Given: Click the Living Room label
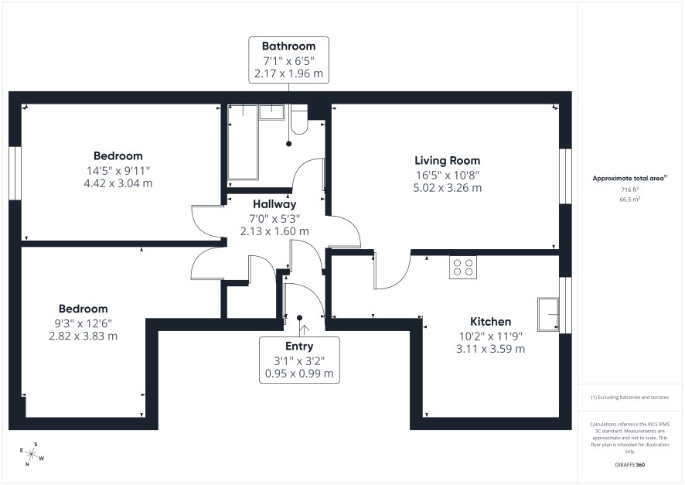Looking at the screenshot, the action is (x=448, y=160).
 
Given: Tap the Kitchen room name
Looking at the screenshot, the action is (x=490, y=322).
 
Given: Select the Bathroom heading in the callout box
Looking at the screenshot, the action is (x=288, y=46).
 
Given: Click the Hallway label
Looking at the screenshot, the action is (x=274, y=204).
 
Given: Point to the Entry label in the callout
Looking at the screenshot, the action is (x=299, y=346).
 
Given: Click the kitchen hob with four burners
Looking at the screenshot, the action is (x=463, y=267).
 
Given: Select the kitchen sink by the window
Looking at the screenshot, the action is (x=548, y=315).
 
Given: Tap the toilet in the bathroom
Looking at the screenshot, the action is (x=298, y=119).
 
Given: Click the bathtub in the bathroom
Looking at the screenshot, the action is (x=243, y=142).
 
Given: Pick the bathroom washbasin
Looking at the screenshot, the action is (x=271, y=112).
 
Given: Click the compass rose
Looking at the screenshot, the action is (x=32, y=454).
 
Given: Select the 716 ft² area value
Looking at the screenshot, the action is (x=630, y=190).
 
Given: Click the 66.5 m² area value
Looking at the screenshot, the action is (x=630, y=200).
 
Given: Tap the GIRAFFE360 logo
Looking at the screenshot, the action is (x=629, y=464).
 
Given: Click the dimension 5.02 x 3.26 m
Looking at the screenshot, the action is (x=448, y=188).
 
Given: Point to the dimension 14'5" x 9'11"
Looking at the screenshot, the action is (x=118, y=170).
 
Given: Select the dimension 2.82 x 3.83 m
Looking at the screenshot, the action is (x=83, y=336).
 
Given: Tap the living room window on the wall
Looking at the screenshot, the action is (x=565, y=176).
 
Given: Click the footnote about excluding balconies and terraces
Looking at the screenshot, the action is (x=629, y=397).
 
